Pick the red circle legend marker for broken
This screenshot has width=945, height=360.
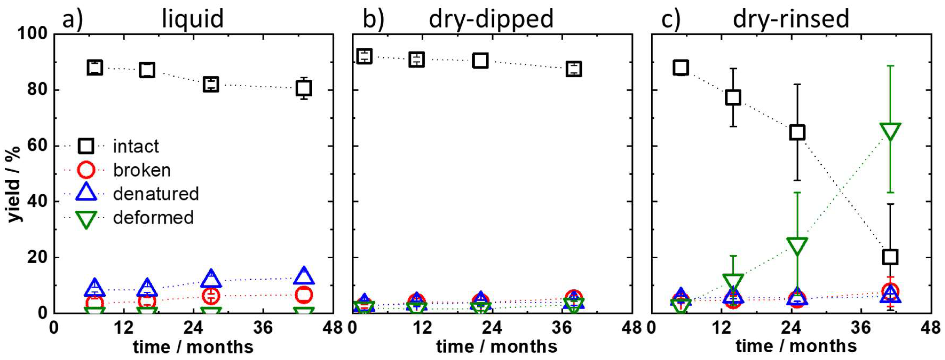[87, 170]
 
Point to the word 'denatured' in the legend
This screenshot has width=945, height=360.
[156, 194]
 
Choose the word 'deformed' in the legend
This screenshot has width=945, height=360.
[153, 217]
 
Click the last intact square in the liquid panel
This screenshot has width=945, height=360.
[304, 88]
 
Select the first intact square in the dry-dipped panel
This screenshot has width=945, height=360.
[364, 56]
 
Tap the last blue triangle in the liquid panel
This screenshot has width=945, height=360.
[304, 276]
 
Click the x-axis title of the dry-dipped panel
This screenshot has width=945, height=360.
[496, 346]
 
